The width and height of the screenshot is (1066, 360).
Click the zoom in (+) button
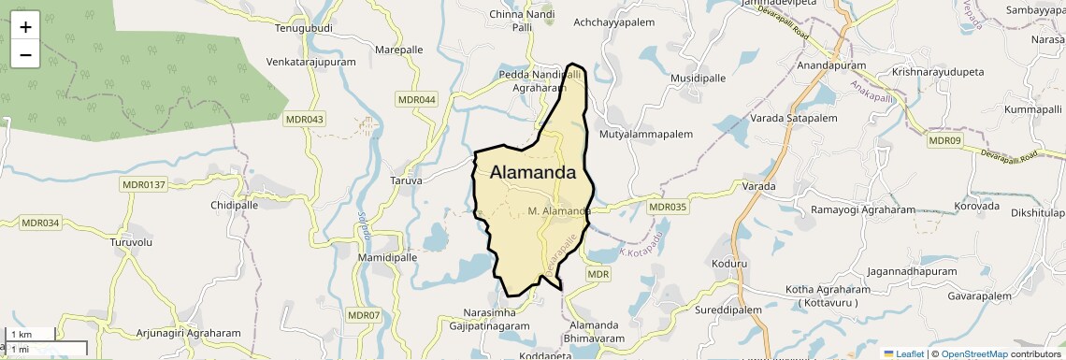point(25,27)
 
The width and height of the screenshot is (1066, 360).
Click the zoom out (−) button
point(25,54)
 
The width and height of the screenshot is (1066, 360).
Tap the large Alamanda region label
point(532,172)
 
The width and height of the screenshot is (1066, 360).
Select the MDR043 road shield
point(305,119)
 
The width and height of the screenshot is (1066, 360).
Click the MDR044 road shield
point(417,99)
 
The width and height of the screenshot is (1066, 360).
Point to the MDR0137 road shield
point(143,184)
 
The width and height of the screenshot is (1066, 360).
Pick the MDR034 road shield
point(40,223)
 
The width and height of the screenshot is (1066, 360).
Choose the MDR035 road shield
point(668,207)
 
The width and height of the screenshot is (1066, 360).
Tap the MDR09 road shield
point(944,140)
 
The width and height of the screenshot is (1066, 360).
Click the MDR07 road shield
point(368,315)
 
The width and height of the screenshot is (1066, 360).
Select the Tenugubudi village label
point(306,28)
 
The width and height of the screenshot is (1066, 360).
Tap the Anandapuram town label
point(831,66)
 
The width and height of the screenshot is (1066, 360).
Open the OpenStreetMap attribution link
point(974,353)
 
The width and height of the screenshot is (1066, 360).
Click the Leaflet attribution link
point(904,353)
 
